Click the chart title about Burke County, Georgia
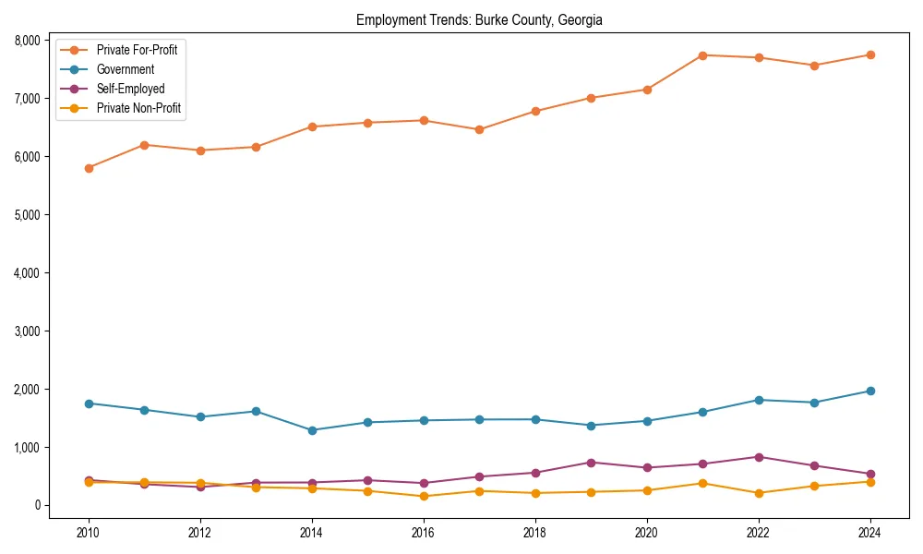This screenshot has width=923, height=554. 479,20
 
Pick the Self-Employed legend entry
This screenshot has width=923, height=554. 130,89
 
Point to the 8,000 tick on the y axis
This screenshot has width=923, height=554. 26,41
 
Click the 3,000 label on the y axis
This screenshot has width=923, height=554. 26,331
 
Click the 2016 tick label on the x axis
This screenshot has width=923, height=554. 424,533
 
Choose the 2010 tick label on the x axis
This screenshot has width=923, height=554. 89,533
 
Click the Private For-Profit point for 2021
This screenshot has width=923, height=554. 702,55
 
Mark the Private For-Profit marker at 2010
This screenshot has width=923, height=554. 89,168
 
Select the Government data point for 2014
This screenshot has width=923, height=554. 312,430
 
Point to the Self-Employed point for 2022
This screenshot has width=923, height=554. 759,457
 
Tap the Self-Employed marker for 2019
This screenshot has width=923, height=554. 591,463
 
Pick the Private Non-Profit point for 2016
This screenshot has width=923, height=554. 424,497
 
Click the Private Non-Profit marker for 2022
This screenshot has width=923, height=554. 759,493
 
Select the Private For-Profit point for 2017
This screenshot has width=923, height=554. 479,130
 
